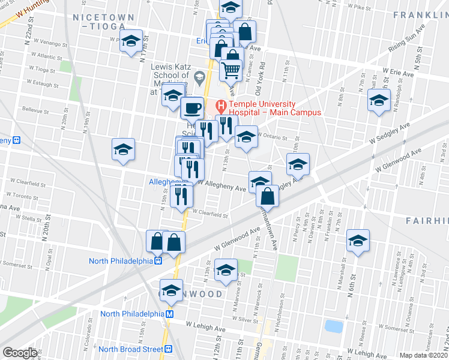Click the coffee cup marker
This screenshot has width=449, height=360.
(192, 108)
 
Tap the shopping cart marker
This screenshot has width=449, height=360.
(231, 71)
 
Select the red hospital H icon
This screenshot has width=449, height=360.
(221, 107)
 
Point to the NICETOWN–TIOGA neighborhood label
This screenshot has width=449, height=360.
(99, 22)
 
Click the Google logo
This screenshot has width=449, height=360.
(20, 352)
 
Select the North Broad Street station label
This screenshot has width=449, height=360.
(131, 349)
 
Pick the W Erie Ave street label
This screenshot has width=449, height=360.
(397, 73)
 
